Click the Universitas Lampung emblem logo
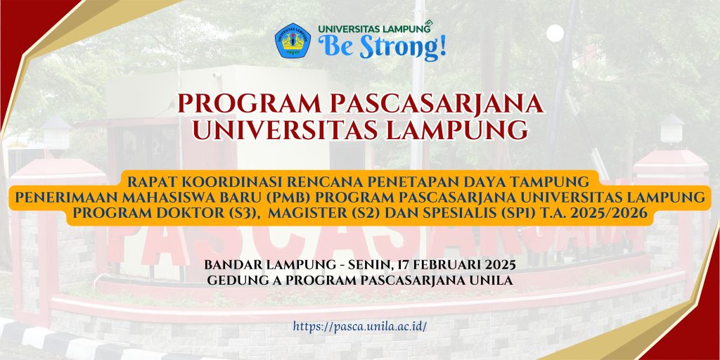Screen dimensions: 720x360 [x=292, y=40]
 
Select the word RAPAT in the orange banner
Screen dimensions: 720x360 [x=147, y=182]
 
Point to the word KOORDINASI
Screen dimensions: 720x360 [x=212, y=182]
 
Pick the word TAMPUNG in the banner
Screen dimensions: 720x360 [x=559, y=182]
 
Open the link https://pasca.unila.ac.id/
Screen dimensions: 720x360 [x=360, y=326]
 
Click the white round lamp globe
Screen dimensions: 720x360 [x=555, y=33]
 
